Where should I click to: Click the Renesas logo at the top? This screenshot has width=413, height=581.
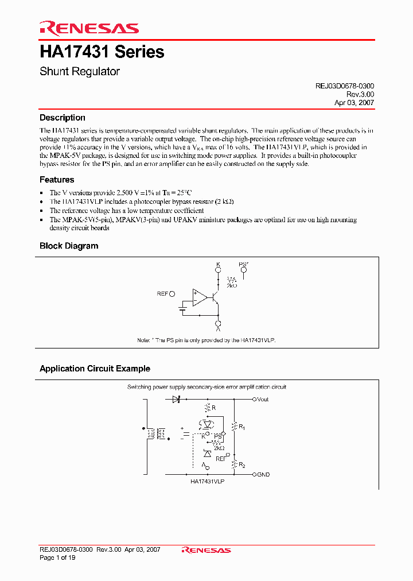click(89, 28)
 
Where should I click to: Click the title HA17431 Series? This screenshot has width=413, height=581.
click(102, 52)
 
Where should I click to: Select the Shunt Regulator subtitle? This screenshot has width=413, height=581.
click(80, 72)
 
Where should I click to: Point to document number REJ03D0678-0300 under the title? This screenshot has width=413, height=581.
click(345, 86)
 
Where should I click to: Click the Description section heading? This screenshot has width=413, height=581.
click(63, 118)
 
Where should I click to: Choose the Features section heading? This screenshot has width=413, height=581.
click(57, 180)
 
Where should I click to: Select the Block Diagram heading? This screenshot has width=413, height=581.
click(69, 246)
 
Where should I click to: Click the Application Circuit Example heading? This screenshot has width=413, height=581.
click(95, 369)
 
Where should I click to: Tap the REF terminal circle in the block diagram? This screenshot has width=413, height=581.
click(173, 293)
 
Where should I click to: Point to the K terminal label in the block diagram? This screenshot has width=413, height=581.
click(218, 265)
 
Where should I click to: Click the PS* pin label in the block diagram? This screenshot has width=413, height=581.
click(243, 265)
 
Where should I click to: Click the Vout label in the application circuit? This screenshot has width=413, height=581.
click(263, 399)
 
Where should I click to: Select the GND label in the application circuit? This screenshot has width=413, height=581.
click(263, 475)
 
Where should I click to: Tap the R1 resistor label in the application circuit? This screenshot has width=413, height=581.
click(242, 427)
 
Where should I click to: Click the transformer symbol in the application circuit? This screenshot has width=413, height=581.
click(157, 434)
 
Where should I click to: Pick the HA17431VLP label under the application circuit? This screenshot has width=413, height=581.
click(207, 481)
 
